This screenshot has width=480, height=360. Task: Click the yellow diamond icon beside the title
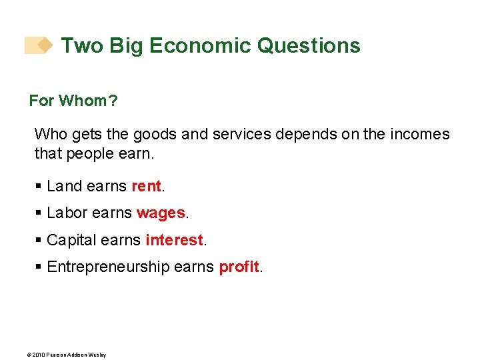click(45, 45)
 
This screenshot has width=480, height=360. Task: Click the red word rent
click(147, 187)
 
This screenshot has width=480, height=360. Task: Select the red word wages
click(161, 213)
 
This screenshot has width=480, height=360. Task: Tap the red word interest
click(174, 240)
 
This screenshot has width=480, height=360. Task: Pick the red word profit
click(239, 267)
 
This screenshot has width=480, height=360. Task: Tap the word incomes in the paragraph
click(420, 134)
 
